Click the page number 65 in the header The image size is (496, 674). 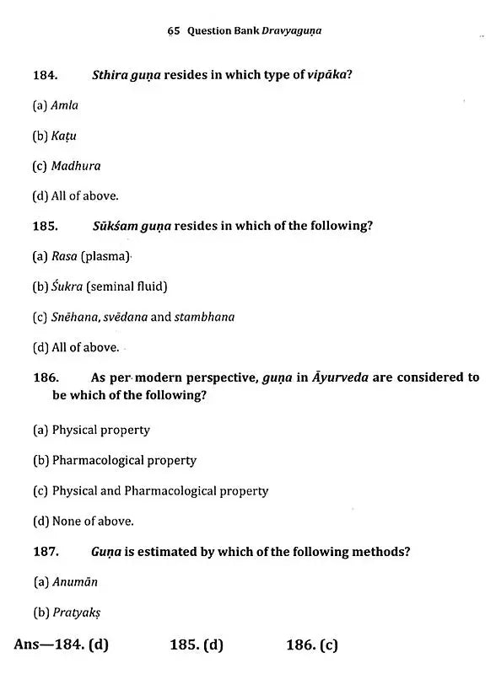[174, 30]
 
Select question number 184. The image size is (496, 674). [45, 75]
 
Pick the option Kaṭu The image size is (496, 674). [64, 136]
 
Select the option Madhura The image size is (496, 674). [75, 166]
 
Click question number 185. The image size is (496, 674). [45, 226]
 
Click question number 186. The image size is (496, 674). [46, 377]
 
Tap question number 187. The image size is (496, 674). [46, 552]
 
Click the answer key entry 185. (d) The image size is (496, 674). [196, 645]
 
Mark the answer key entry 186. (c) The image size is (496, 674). [311, 645]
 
